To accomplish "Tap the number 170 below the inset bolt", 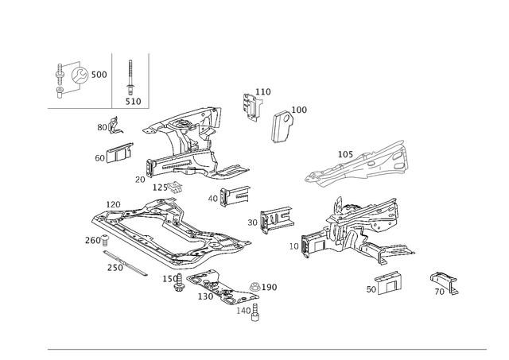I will [x=133, y=101].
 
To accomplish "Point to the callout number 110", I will [x=266, y=93].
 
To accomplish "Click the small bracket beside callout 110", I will [x=253, y=105].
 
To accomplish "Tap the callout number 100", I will [x=301, y=109].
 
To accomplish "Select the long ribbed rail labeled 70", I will [x=358, y=165].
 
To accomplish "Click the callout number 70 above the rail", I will [x=343, y=152].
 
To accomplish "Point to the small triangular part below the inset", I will [x=112, y=126].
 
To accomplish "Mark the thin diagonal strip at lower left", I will [x=125, y=264].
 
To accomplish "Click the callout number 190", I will [x=270, y=285].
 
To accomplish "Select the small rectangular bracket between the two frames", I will [x=274, y=218].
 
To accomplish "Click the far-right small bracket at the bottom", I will [x=445, y=281].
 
